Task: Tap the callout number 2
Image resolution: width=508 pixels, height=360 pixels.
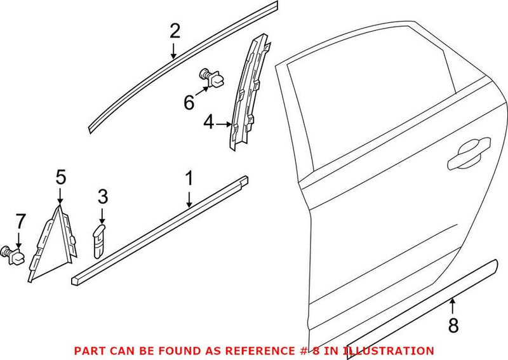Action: click(x=175, y=31)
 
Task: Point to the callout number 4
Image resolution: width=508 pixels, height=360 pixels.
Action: click(x=209, y=121)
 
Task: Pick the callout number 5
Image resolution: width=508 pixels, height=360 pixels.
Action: click(x=60, y=177)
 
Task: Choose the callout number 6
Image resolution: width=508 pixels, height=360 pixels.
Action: click(x=189, y=101)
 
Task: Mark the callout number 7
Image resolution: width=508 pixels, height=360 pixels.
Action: click(x=20, y=222)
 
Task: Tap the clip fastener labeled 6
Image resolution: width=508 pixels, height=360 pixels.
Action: click(x=211, y=77)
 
